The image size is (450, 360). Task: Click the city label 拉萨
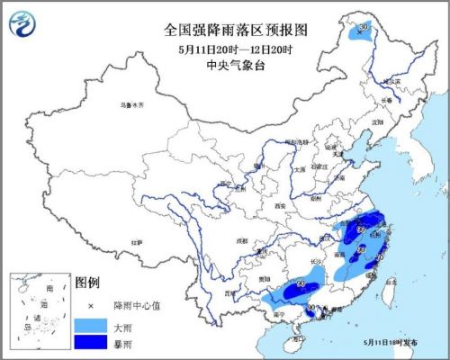[x=136, y=242]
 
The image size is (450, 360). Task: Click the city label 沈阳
[x=375, y=121]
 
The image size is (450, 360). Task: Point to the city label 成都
[x=240, y=241]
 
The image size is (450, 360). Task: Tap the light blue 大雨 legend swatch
[x=90, y=322]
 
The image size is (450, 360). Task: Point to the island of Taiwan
[x=391, y=289]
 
